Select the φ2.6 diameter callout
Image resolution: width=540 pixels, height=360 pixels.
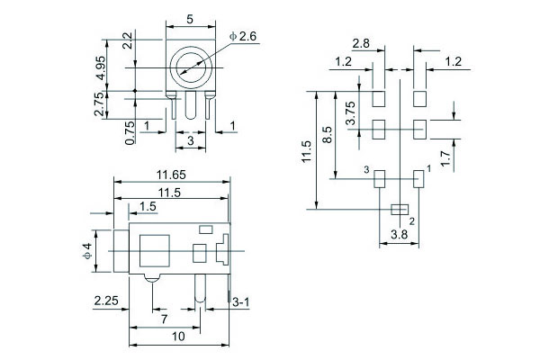pyautogui.click(x=245, y=36)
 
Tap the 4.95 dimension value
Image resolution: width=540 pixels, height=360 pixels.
pyautogui.click(x=129, y=67)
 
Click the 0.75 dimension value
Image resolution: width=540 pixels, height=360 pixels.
pyautogui.click(x=130, y=132)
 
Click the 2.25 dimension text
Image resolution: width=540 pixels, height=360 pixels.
pyautogui.click(x=106, y=302)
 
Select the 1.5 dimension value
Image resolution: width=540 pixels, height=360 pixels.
pyautogui.click(x=148, y=207)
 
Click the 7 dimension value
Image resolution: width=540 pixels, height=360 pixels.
pyautogui.click(x=163, y=319)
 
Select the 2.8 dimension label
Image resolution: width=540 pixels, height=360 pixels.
pyautogui.click(x=362, y=43)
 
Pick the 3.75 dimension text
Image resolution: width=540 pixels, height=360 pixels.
pyautogui.click(x=351, y=113)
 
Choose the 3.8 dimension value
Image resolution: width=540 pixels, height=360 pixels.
pyautogui.click(x=399, y=236)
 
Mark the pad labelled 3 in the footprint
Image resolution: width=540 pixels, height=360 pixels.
pyautogui.click(x=379, y=178)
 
